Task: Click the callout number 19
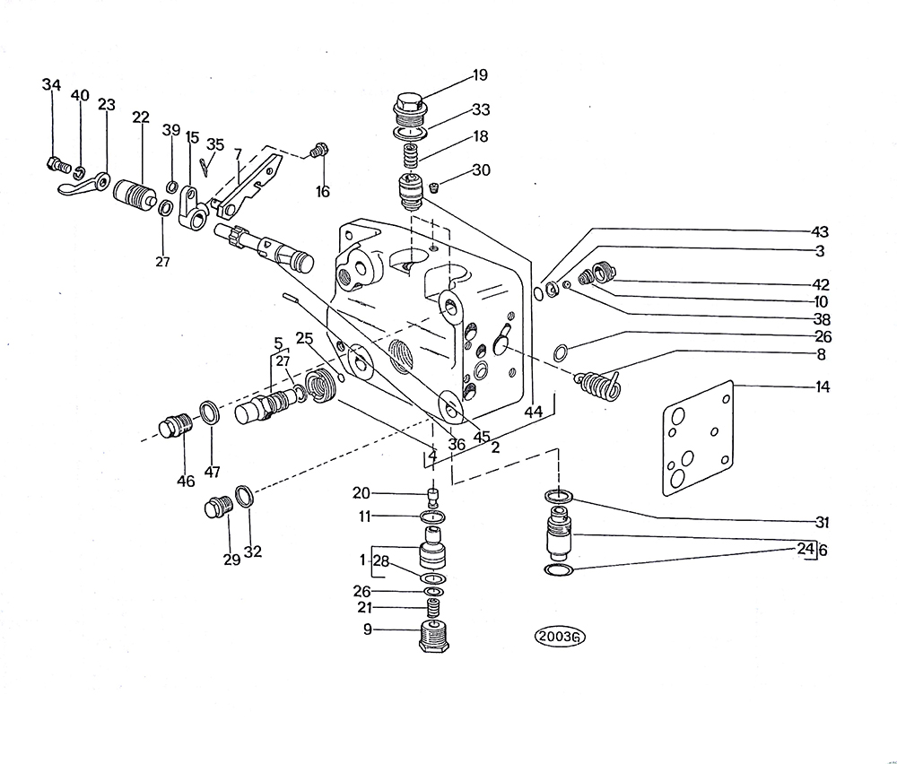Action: point(479,75)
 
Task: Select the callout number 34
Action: point(51,84)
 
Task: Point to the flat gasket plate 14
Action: point(698,438)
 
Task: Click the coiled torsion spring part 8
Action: point(598,386)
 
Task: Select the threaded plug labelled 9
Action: point(435,636)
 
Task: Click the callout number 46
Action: point(186,481)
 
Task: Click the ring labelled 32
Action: point(244,496)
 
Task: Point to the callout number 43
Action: point(820,231)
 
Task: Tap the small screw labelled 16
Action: point(318,150)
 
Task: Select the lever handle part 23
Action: point(83,185)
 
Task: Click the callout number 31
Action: point(821,522)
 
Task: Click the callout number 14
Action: point(822,386)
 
